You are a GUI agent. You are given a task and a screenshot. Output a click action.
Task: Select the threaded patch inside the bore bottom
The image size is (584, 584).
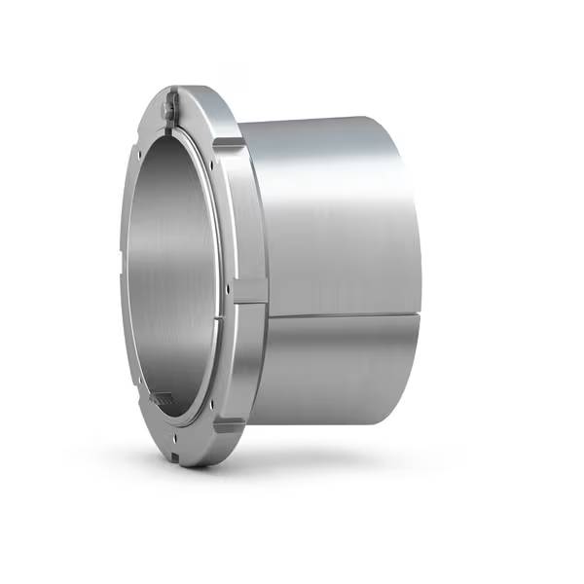[x=162, y=398]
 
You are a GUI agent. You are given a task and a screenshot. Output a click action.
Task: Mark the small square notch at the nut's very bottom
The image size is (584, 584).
[x=175, y=455]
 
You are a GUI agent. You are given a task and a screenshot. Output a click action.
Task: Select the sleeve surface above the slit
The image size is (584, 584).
[x=331, y=214]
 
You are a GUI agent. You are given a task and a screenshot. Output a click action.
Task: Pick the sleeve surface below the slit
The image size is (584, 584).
[x=331, y=380]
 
